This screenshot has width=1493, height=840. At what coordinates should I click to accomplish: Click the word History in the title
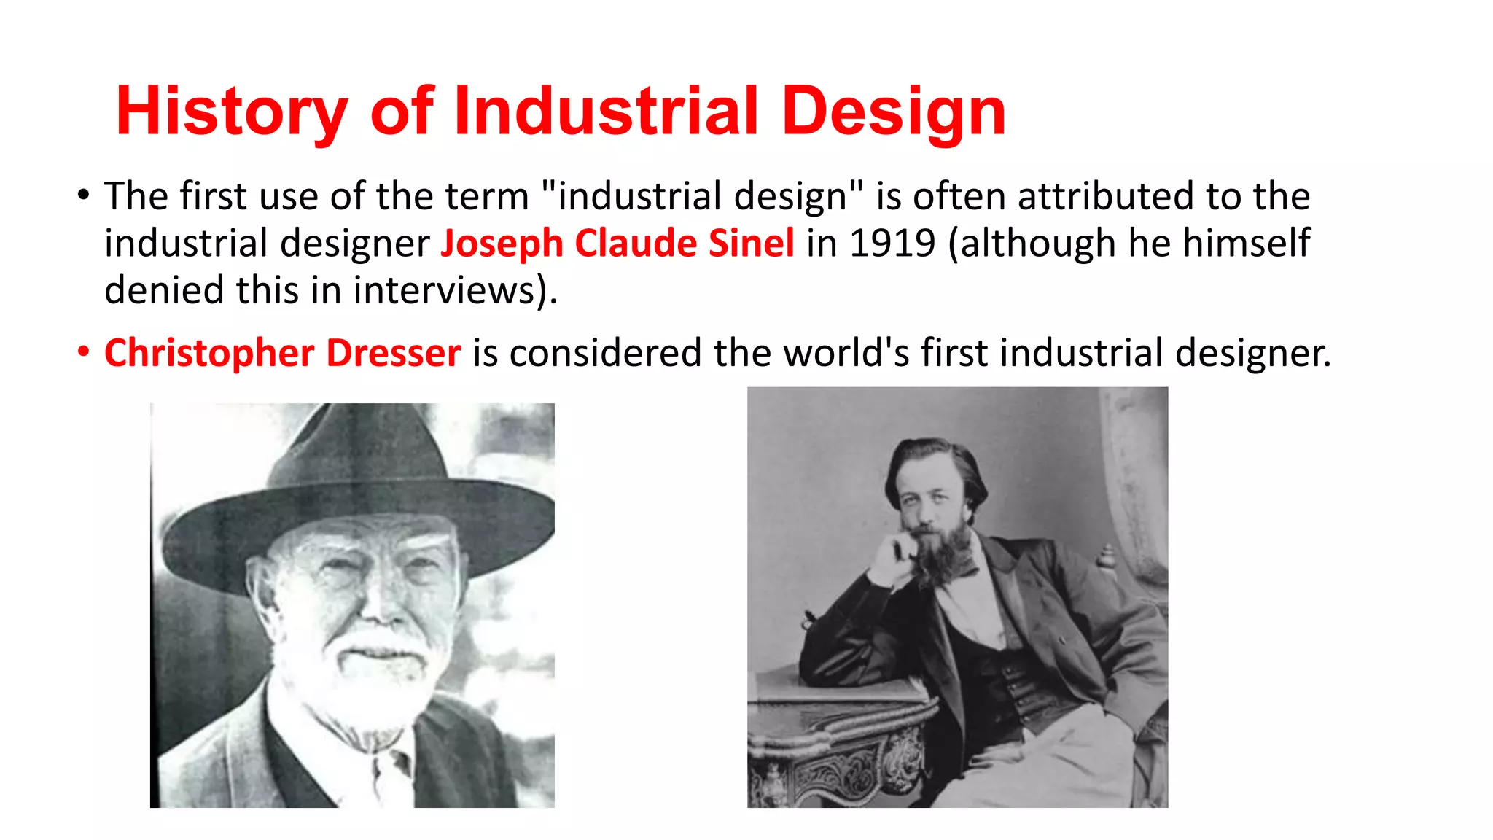231,112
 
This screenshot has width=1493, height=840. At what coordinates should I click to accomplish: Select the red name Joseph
502,243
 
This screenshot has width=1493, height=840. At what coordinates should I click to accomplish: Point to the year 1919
892,243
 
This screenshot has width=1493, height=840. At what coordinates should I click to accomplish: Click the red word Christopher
208,353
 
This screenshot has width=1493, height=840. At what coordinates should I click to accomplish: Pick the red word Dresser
393,353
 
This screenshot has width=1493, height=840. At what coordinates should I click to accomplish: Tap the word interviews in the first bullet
445,290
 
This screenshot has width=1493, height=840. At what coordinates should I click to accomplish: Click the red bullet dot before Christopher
84,351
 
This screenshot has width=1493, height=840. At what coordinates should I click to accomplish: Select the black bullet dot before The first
84,195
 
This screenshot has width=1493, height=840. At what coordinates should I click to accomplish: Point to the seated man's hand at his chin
893,558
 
